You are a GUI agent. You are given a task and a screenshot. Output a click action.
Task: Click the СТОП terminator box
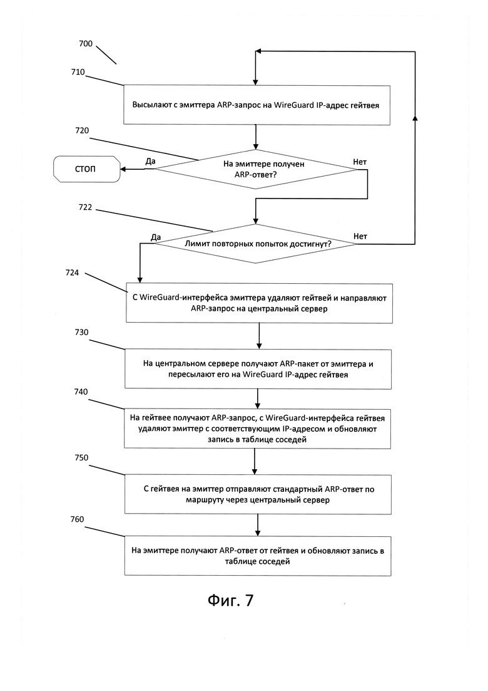coord(87,169)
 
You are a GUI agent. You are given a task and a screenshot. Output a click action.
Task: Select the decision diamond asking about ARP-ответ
coord(256,169)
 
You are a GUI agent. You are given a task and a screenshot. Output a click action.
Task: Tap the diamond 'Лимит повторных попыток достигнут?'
coord(256,244)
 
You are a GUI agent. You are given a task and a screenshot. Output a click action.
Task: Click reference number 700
coord(86,44)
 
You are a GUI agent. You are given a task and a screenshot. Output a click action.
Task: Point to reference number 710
coord(78,72)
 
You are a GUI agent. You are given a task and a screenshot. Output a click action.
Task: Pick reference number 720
coord(83,130)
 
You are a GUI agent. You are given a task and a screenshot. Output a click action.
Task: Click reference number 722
coord(85,207)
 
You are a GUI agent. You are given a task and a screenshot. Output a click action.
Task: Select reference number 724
coord(72,273)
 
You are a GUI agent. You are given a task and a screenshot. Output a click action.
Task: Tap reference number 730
coord(81,332)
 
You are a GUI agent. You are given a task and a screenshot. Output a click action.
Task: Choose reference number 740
coord(81,392)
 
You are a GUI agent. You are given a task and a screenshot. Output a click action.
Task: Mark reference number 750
coord(81,458)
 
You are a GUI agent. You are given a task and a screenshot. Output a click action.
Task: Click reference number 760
coord(77,519)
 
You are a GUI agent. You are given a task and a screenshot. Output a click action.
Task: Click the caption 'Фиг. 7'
coord(231,600)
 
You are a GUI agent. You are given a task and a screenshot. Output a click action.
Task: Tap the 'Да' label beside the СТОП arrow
coord(151,161)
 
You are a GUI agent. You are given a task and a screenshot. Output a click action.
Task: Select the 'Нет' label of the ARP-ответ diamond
coord(360,162)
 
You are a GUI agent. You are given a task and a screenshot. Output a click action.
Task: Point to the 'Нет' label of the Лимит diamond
coord(360,237)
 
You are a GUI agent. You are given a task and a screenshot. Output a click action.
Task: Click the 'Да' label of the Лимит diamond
coord(156,237)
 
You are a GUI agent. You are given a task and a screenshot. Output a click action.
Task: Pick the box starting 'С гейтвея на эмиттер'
coord(258,494)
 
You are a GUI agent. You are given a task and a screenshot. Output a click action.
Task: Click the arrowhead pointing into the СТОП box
coord(123,169)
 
